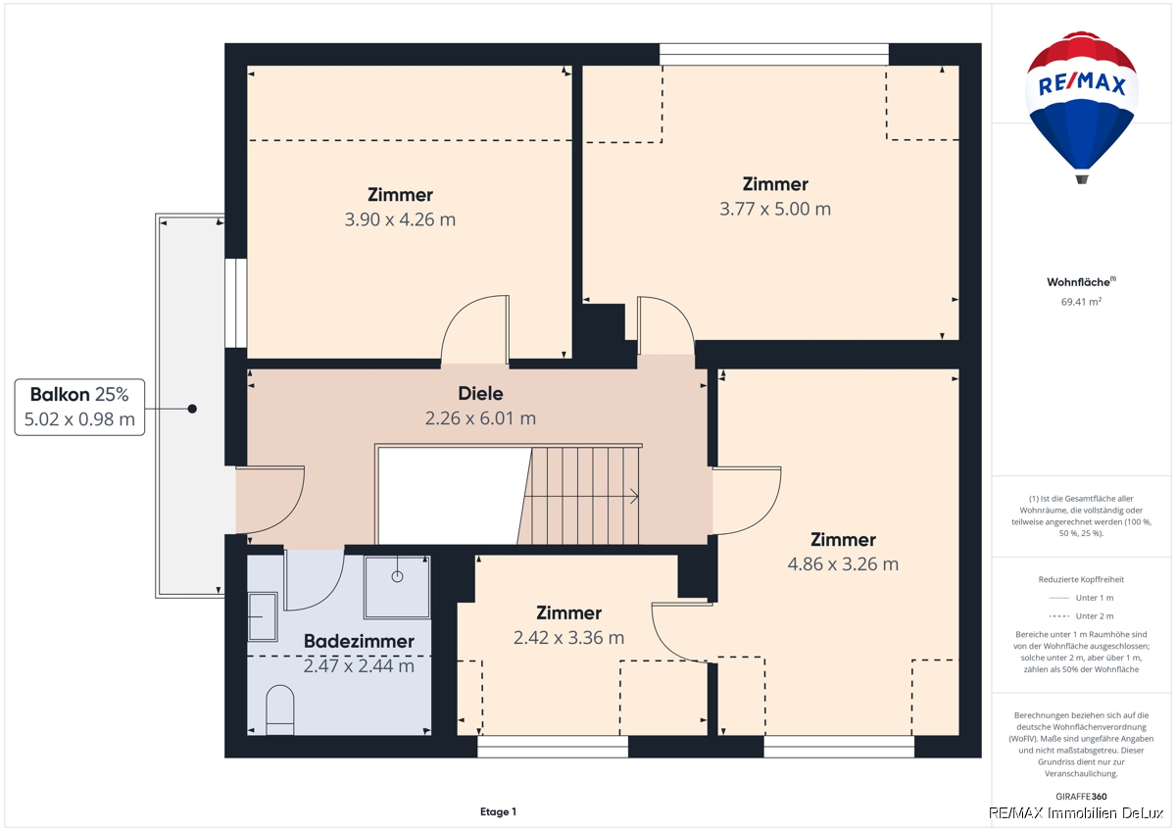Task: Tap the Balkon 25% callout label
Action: click(79, 408)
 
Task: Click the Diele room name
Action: click(480, 394)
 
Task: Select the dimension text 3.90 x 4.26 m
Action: click(400, 220)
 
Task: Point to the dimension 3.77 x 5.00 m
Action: click(775, 209)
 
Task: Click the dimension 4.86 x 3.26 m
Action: click(843, 563)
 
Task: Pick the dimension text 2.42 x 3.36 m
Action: click(568, 637)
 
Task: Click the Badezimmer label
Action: click(359, 641)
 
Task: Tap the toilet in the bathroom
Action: click(280, 709)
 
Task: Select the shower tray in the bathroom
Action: click(398, 587)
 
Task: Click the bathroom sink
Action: click(262, 616)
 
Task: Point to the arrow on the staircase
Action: click(581, 496)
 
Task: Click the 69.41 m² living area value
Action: click(1081, 301)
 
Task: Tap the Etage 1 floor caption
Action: click(498, 811)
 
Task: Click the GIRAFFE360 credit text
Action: click(1081, 797)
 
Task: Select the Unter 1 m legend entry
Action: click(1081, 598)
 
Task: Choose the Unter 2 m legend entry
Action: click(1081, 615)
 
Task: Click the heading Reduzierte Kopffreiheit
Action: click(1081, 579)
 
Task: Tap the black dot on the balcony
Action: click(193, 409)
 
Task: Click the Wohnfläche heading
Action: click(1081, 282)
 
